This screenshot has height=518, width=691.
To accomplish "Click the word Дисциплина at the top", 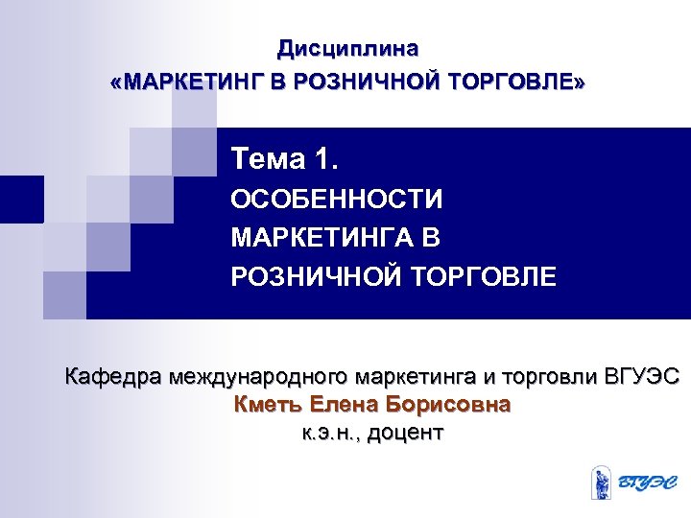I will (x=347, y=47).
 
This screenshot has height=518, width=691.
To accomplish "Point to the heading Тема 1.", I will (x=285, y=155).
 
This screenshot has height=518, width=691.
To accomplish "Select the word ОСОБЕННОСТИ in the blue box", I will (x=337, y=200).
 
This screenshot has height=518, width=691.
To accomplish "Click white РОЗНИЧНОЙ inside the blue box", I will (x=318, y=277).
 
